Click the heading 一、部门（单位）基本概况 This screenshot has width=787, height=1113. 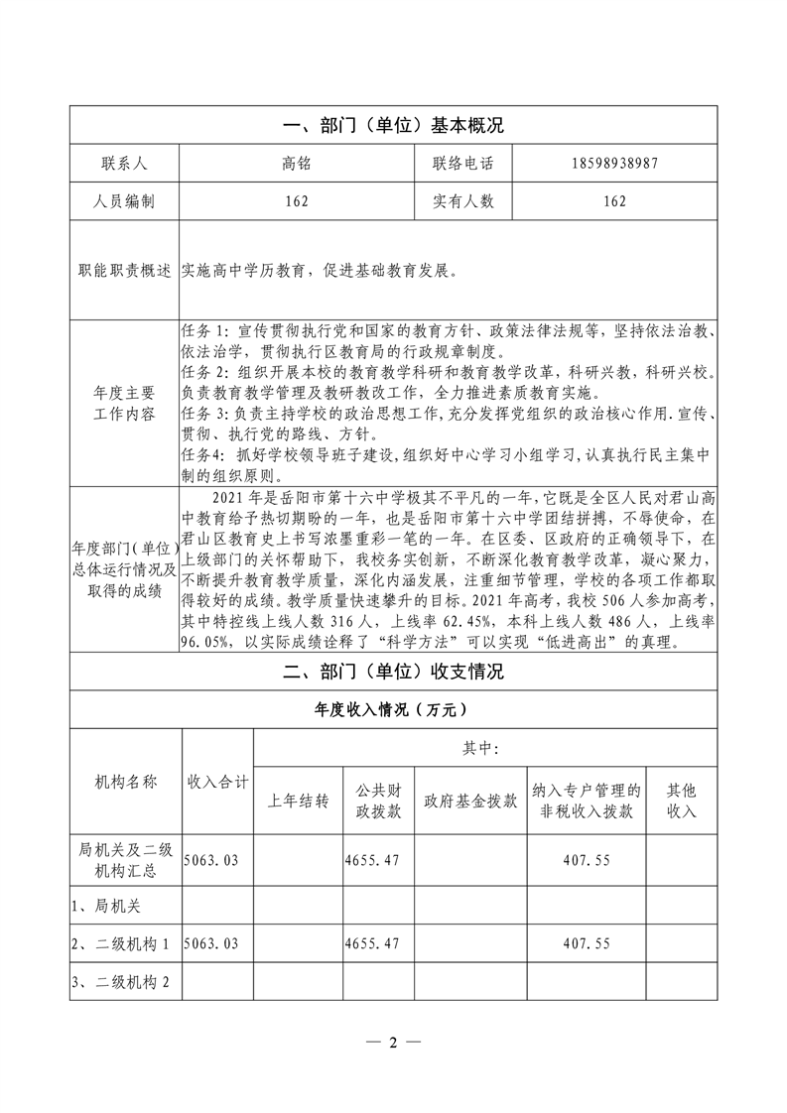(393, 126)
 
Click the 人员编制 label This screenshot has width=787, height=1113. (123, 201)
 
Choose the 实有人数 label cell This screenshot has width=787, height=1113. (462, 201)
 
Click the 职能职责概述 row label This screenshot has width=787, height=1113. (123, 271)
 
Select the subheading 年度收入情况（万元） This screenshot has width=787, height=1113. (393, 710)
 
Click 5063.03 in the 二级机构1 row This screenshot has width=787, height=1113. (211, 942)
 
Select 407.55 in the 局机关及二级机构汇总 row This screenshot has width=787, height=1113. (587, 861)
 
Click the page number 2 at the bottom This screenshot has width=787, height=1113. (393, 1043)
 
